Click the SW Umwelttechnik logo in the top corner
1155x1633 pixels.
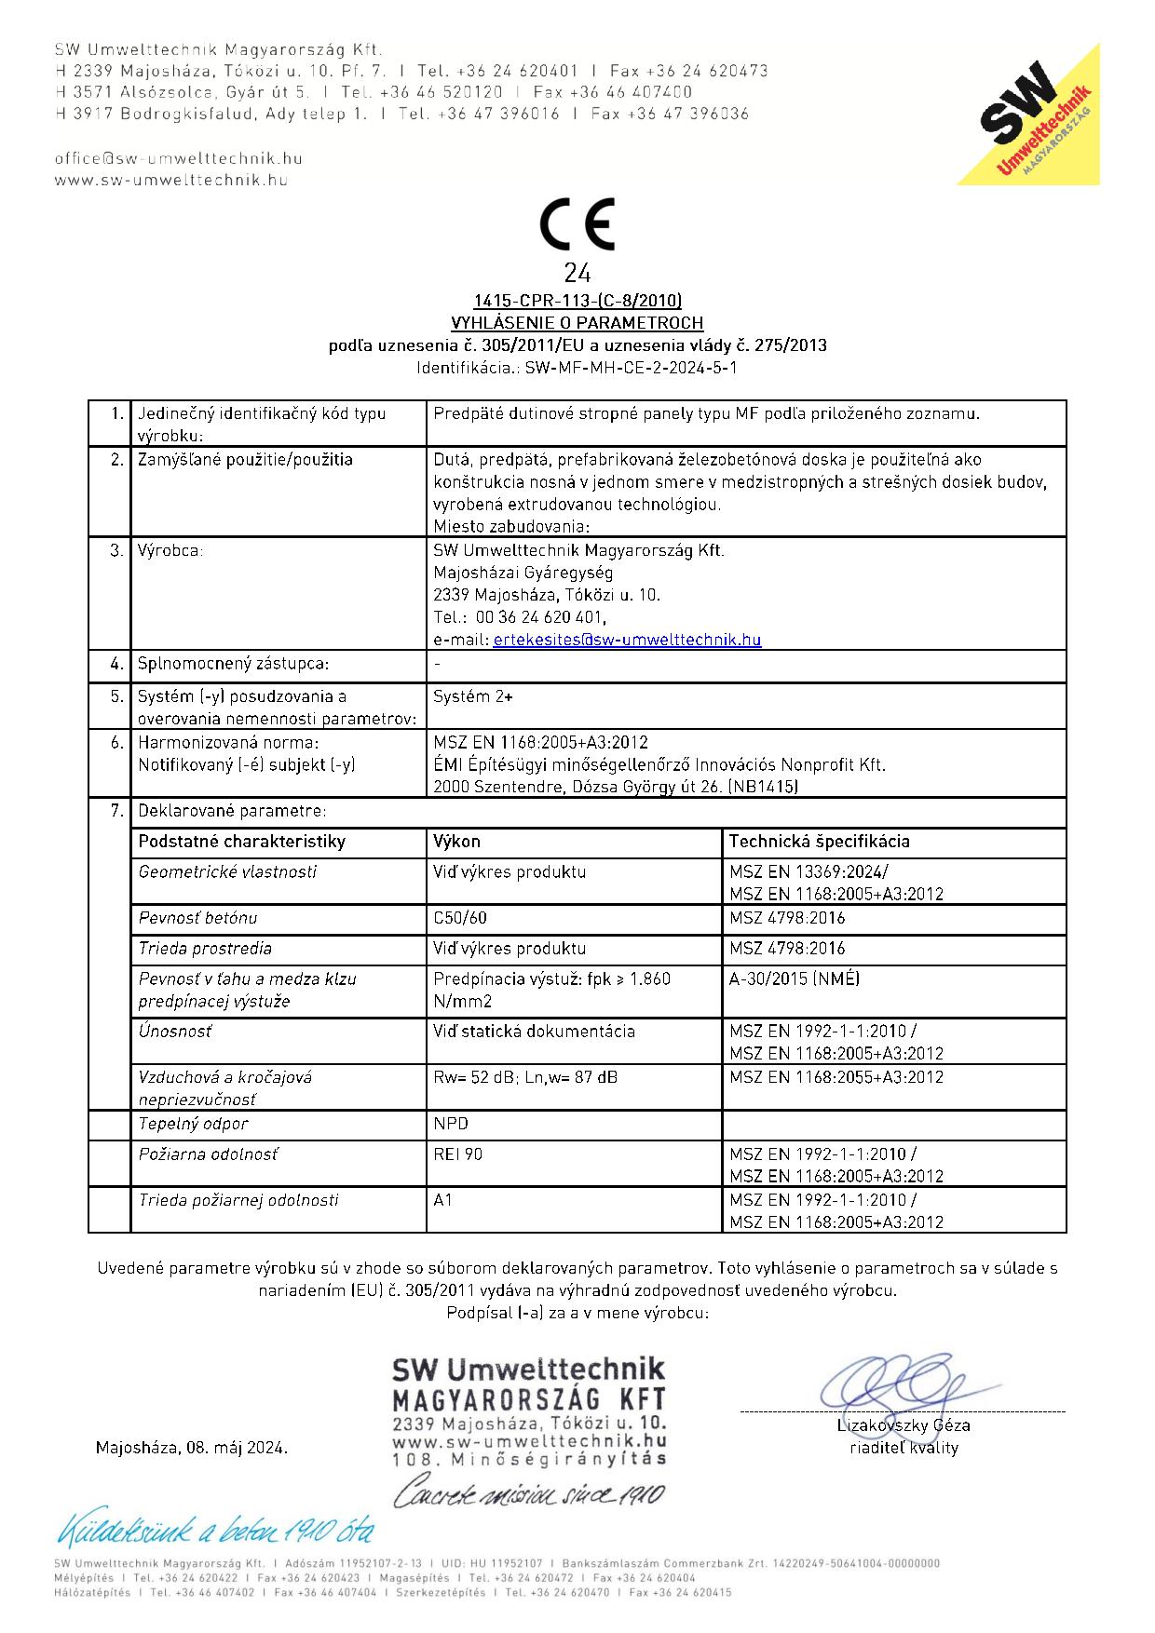pos(1034,116)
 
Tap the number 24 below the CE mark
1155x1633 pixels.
pos(577,274)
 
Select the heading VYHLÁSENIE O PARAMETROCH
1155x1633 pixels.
pos(577,323)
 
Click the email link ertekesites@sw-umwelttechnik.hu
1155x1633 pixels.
pos(627,640)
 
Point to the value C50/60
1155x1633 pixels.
pos(460,918)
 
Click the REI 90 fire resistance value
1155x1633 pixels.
pos(458,1154)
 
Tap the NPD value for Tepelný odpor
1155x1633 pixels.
pos(452,1124)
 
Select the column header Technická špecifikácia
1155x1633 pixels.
pos(819,842)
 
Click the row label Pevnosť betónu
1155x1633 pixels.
pos(197,918)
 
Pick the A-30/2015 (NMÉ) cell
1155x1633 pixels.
pos(795,979)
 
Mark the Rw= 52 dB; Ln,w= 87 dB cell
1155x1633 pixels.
pos(524,1077)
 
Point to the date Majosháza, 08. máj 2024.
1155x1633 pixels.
pos(192,1449)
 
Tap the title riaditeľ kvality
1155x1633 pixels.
pos(904,1448)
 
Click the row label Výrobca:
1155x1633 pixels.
pos(170,551)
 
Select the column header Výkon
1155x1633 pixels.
pos(457,842)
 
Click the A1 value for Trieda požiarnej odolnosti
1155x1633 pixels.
pos(443,1200)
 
